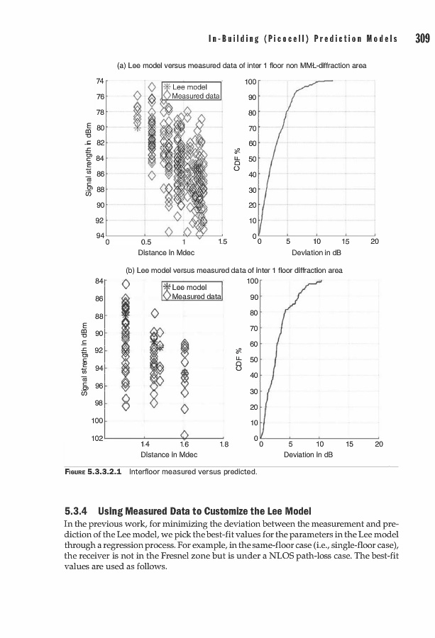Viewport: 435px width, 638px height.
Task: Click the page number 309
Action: [422, 38]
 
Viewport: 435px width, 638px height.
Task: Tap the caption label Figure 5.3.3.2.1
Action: [94, 471]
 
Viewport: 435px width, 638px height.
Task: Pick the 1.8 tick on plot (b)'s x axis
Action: [223, 444]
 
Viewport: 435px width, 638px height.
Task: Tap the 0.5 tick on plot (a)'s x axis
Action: [145, 242]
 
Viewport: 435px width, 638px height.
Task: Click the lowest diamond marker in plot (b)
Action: [185, 435]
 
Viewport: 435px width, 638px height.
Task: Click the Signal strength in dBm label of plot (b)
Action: [84, 360]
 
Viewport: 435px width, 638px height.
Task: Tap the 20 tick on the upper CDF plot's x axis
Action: [374, 242]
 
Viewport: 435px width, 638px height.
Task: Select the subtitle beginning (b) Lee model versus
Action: [234, 270]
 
